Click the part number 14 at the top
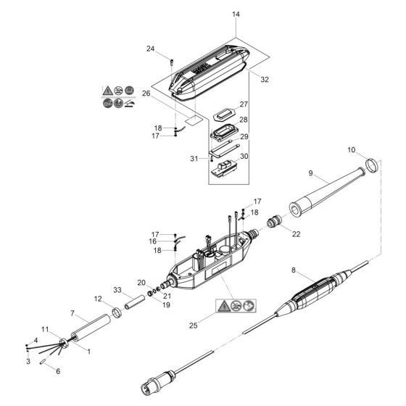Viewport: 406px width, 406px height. (235, 14)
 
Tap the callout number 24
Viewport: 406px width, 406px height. (151, 49)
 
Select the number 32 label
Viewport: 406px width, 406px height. (263, 80)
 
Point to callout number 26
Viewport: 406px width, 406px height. (146, 94)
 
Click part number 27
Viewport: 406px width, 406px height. (244, 105)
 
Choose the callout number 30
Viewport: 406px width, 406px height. (244, 156)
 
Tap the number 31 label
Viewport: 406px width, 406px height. (193, 159)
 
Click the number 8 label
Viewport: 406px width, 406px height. (294, 270)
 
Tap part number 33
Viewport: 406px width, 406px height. (117, 290)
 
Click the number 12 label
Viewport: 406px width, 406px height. (96, 299)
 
